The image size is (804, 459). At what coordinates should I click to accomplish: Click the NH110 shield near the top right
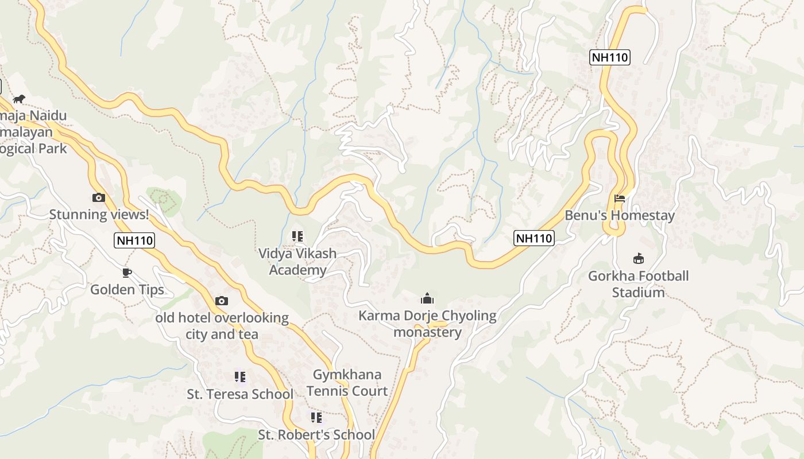tap(610, 57)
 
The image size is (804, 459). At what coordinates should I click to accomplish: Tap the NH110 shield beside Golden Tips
tap(135, 240)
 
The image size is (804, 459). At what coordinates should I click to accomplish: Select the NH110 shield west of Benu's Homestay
tap(534, 238)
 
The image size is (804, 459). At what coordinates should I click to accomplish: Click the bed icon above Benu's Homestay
tap(620, 199)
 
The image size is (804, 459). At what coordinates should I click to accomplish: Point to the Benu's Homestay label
tap(620, 216)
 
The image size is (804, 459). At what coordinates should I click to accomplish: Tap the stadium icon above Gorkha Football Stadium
tap(638, 259)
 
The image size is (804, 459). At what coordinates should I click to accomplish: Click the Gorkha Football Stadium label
tap(638, 284)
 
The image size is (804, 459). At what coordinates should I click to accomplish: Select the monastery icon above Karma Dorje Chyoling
tap(427, 299)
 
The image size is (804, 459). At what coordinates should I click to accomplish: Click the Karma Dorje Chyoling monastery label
tap(427, 324)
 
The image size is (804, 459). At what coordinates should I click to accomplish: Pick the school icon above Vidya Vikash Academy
tap(297, 236)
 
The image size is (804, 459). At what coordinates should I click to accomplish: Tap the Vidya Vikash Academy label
tap(297, 262)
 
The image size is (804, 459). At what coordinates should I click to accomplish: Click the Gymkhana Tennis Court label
tap(347, 383)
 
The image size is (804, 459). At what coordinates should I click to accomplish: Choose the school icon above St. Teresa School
tap(240, 377)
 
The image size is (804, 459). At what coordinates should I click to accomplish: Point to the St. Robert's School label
tap(316, 435)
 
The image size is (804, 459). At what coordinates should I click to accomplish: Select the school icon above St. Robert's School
tap(316, 418)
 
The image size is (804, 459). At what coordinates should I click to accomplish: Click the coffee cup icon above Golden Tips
tap(127, 273)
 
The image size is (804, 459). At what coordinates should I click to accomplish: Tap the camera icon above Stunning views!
tap(99, 198)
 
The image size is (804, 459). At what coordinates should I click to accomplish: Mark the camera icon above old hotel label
tap(222, 301)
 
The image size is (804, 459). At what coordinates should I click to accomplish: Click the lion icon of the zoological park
tap(19, 99)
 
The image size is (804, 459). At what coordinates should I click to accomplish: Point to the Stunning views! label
tap(99, 215)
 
